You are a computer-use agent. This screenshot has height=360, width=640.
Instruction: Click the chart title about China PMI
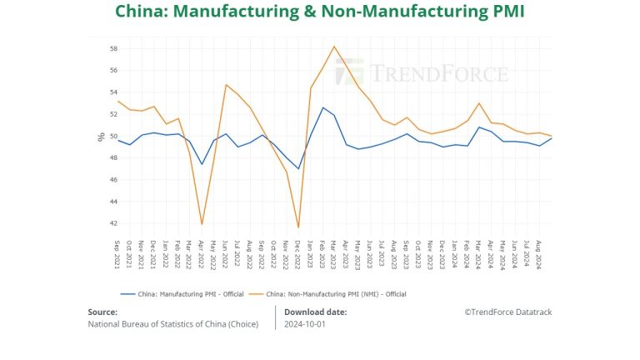tap(320, 12)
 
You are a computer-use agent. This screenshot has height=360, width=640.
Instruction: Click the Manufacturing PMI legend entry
tap(182, 293)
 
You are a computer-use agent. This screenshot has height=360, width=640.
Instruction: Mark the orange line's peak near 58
tap(334, 47)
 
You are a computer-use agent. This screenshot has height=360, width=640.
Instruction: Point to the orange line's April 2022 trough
tap(202, 223)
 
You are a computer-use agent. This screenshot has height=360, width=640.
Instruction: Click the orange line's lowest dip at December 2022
tap(298, 227)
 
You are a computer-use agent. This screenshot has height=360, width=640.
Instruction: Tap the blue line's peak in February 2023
tap(322, 107)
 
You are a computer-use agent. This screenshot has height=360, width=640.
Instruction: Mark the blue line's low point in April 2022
tap(202, 164)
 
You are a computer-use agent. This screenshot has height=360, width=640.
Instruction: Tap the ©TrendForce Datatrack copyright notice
tap(507, 312)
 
